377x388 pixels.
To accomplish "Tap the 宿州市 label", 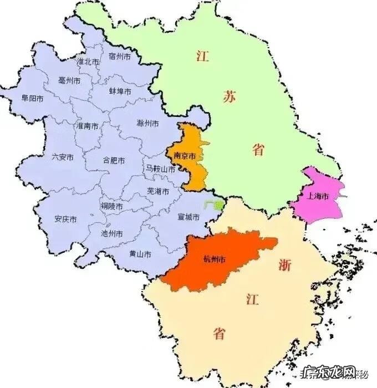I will (120, 57).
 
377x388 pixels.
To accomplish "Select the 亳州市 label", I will (69, 80).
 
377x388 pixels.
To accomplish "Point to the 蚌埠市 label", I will (120, 91).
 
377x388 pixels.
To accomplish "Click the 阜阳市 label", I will (32, 98).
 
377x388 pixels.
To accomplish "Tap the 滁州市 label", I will (147, 123).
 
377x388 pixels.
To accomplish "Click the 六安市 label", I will (63, 157).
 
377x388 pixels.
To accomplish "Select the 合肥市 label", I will (114, 160).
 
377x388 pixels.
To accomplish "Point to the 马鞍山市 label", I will (160, 169).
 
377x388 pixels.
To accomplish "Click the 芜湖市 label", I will (157, 191).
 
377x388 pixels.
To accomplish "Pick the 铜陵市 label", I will (111, 206).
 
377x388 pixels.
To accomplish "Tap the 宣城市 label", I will (188, 217).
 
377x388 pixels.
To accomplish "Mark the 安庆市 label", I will (65, 219).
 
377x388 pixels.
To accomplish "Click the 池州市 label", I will (113, 234).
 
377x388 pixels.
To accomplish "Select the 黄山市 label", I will (140, 254).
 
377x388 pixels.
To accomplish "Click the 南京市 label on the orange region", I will (185, 157).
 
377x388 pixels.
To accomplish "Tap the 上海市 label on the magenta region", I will (318, 197).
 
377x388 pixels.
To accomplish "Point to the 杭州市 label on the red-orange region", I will (215, 259).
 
